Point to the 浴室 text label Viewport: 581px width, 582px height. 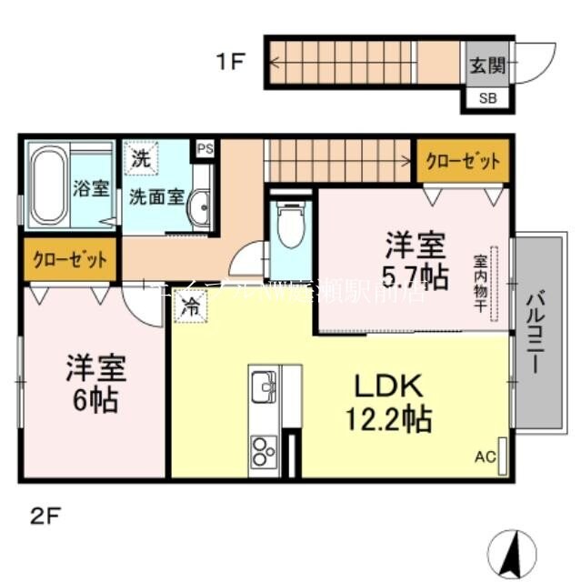coord(90,189)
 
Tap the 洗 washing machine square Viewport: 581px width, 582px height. coord(140,157)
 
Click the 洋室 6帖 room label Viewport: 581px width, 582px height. coord(95,383)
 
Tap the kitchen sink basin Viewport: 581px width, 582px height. coord(263,384)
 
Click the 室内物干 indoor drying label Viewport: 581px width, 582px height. coord(478,282)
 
